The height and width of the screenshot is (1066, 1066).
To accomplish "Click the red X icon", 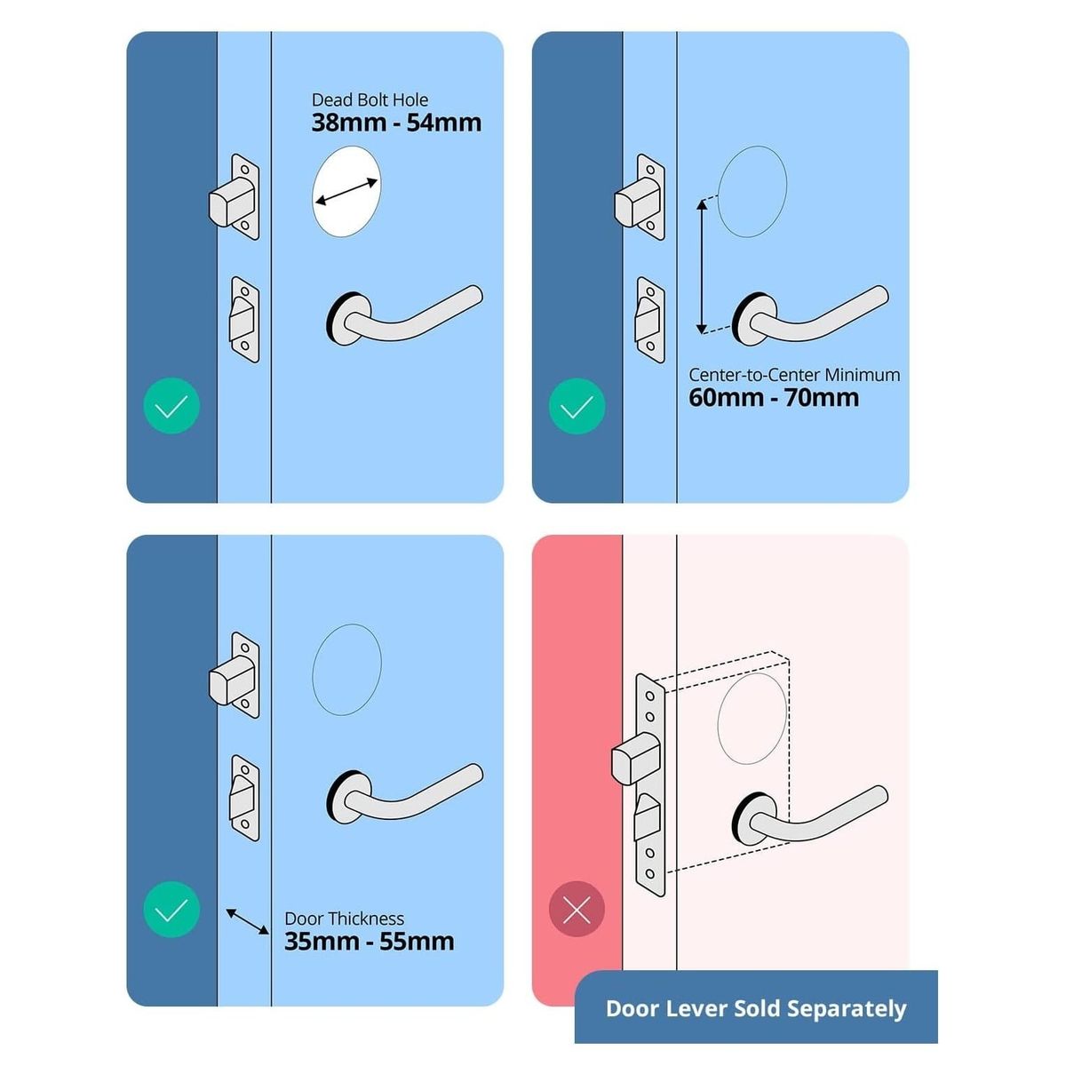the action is tap(577, 909).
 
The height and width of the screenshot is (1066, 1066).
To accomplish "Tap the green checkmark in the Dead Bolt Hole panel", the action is tap(171, 405).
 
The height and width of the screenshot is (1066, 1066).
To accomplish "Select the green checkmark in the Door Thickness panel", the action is tap(171, 909).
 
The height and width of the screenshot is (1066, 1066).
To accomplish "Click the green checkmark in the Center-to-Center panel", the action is tap(577, 406).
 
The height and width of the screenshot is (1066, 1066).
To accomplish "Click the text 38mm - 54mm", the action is tap(396, 123).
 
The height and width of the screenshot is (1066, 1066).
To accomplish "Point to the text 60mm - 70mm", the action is tap(774, 398).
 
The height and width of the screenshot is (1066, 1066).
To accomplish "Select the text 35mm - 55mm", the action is tap(369, 941).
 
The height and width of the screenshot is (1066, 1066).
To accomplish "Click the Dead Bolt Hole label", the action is tap(370, 100).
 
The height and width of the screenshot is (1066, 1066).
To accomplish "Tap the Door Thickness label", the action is tap(344, 919).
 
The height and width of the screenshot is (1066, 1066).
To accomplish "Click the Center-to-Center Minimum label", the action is tap(794, 375).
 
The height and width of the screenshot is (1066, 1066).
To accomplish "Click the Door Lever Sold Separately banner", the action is tap(756, 1008).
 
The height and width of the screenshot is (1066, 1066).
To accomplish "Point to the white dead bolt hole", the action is tap(346, 191).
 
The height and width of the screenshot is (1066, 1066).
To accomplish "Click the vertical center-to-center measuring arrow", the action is tap(702, 266).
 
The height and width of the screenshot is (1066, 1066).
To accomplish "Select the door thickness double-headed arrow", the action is tap(247, 921).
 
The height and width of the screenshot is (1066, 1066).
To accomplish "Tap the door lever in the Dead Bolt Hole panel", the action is tap(404, 315).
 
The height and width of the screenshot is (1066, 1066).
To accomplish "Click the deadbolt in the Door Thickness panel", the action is tap(234, 675).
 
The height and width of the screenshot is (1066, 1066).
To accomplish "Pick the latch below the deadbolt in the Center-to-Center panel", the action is tap(650, 320).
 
